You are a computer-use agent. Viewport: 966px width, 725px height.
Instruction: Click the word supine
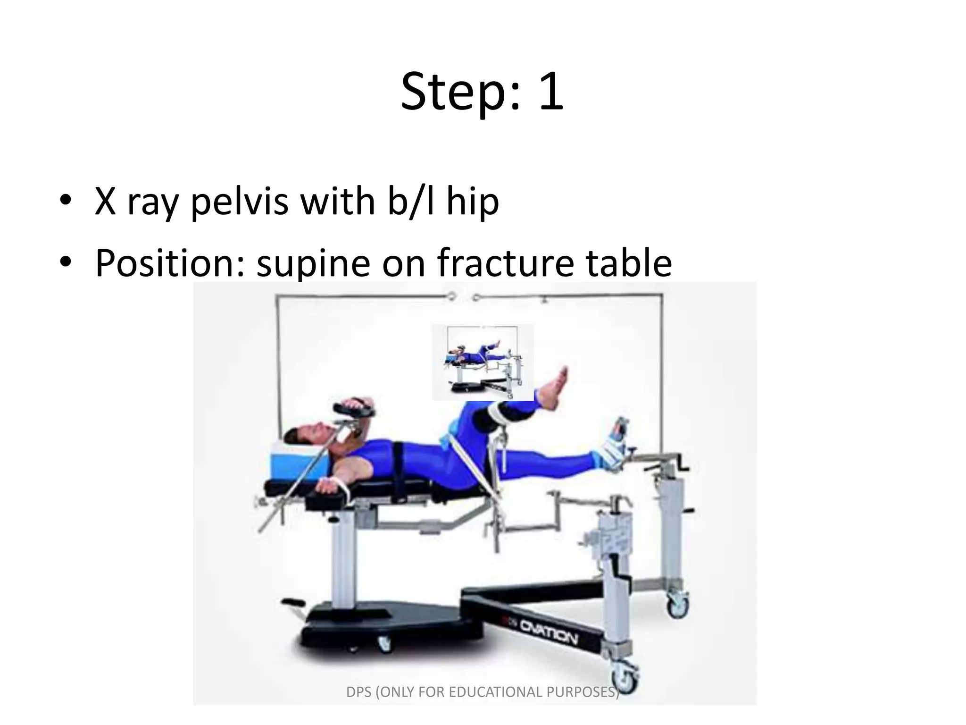[x=313, y=262]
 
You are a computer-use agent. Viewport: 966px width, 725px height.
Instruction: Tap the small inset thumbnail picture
[x=483, y=362]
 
